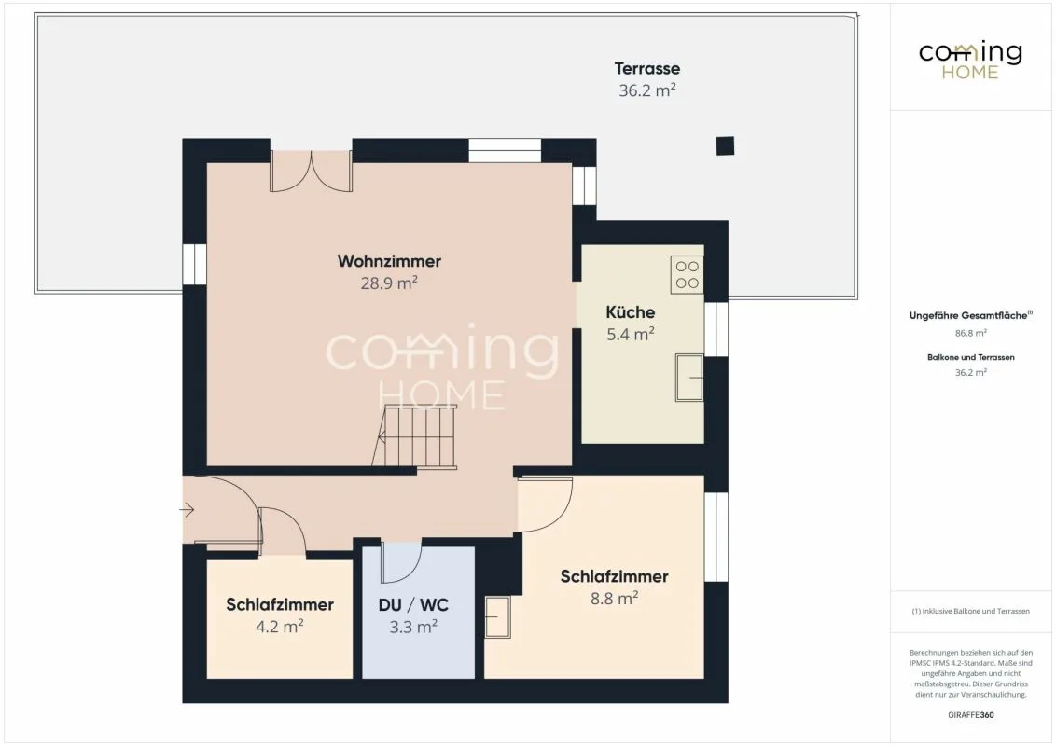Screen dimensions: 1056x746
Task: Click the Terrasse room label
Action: (646, 68)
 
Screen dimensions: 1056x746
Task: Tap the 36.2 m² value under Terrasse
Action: (646, 90)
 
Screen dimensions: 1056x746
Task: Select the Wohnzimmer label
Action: (389, 260)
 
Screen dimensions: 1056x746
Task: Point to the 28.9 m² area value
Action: (389, 283)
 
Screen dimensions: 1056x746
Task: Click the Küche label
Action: (631, 311)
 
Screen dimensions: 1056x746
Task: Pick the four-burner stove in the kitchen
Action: (687, 275)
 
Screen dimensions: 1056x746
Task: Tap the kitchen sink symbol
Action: (689, 377)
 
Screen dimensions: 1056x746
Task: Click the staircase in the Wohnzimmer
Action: (414, 436)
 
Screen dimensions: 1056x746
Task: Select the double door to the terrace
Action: (312, 171)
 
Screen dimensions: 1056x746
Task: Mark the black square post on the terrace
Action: (725, 145)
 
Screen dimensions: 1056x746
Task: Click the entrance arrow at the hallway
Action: (187, 510)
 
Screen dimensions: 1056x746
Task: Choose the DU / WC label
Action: (413, 604)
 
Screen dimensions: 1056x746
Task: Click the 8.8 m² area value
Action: (614, 598)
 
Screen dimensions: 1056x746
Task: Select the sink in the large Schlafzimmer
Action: (498, 616)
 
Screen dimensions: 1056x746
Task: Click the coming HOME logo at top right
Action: (970, 61)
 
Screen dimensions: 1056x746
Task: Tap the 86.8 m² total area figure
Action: (970, 333)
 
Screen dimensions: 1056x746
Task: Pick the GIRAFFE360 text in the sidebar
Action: (970, 715)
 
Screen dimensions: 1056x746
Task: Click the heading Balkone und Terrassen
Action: (970, 357)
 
